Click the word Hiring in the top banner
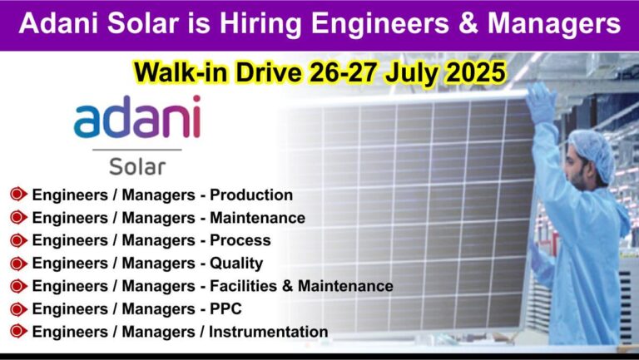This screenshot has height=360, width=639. click(x=261, y=24)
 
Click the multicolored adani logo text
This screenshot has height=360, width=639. click(x=137, y=116)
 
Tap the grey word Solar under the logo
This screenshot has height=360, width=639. click(x=137, y=166)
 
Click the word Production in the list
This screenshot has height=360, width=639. click(x=251, y=195)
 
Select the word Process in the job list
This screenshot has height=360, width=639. click(x=240, y=240)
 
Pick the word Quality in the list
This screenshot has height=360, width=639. click(x=236, y=264)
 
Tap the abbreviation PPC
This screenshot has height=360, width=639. click(x=225, y=308)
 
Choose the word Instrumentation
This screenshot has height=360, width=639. click(x=268, y=332)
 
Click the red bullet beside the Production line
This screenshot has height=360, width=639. click(x=18, y=195)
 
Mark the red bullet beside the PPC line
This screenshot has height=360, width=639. click(x=18, y=309)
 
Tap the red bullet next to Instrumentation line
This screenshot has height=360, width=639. click(x=18, y=332)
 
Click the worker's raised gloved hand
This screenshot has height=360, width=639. click(x=540, y=101)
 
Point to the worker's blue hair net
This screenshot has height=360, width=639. click(x=593, y=153)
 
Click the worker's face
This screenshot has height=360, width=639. click(x=577, y=169)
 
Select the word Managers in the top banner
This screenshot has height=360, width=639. click(x=554, y=24)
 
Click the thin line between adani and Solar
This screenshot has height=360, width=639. click(x=137, y=150)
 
